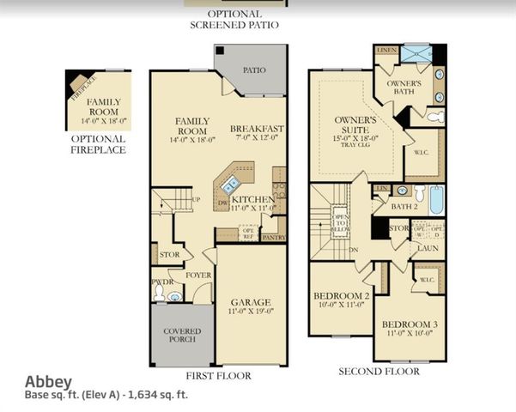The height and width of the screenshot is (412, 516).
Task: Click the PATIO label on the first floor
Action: [x=254, y=70]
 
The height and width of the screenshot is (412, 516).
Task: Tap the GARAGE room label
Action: [x=251, y=302]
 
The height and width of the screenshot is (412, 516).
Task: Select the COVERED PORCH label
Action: [x=181, y=335]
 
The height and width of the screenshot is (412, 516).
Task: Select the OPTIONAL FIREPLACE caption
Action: [x=98, y=143]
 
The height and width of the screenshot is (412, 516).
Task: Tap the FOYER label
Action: [x=199, y=276]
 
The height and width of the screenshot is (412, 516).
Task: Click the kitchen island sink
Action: [x=230, y=183]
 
